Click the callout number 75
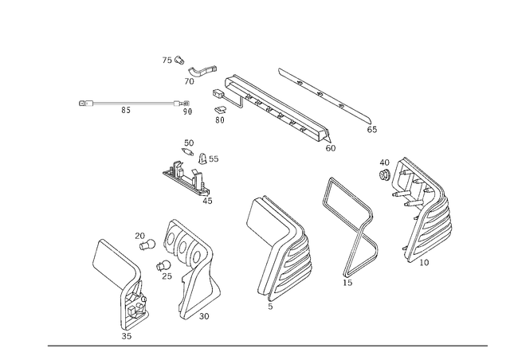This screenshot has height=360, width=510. pos(167,61)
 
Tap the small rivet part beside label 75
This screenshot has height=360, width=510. pos(179,60)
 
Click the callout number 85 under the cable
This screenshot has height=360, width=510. pos(126,110)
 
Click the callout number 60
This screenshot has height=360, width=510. pos(331,148)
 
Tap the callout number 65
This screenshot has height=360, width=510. pos(372,130)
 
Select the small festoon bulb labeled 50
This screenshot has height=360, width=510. pos(188,151)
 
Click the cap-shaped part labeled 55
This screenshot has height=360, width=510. pos(202,158)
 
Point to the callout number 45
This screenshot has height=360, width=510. pos(207,201)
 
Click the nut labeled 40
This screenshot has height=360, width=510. pos(384,175)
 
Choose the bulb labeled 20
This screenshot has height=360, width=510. pos(147,245)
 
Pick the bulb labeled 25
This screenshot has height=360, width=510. pos(163,265)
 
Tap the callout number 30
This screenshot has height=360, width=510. pos(204,316)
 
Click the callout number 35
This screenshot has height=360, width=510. pos(127,336)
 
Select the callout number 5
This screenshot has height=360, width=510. pos(270,307)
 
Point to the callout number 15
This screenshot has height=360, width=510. pos(347,283)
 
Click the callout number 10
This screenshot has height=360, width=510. pos(424,263)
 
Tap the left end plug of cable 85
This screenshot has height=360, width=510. pos(86,104)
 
